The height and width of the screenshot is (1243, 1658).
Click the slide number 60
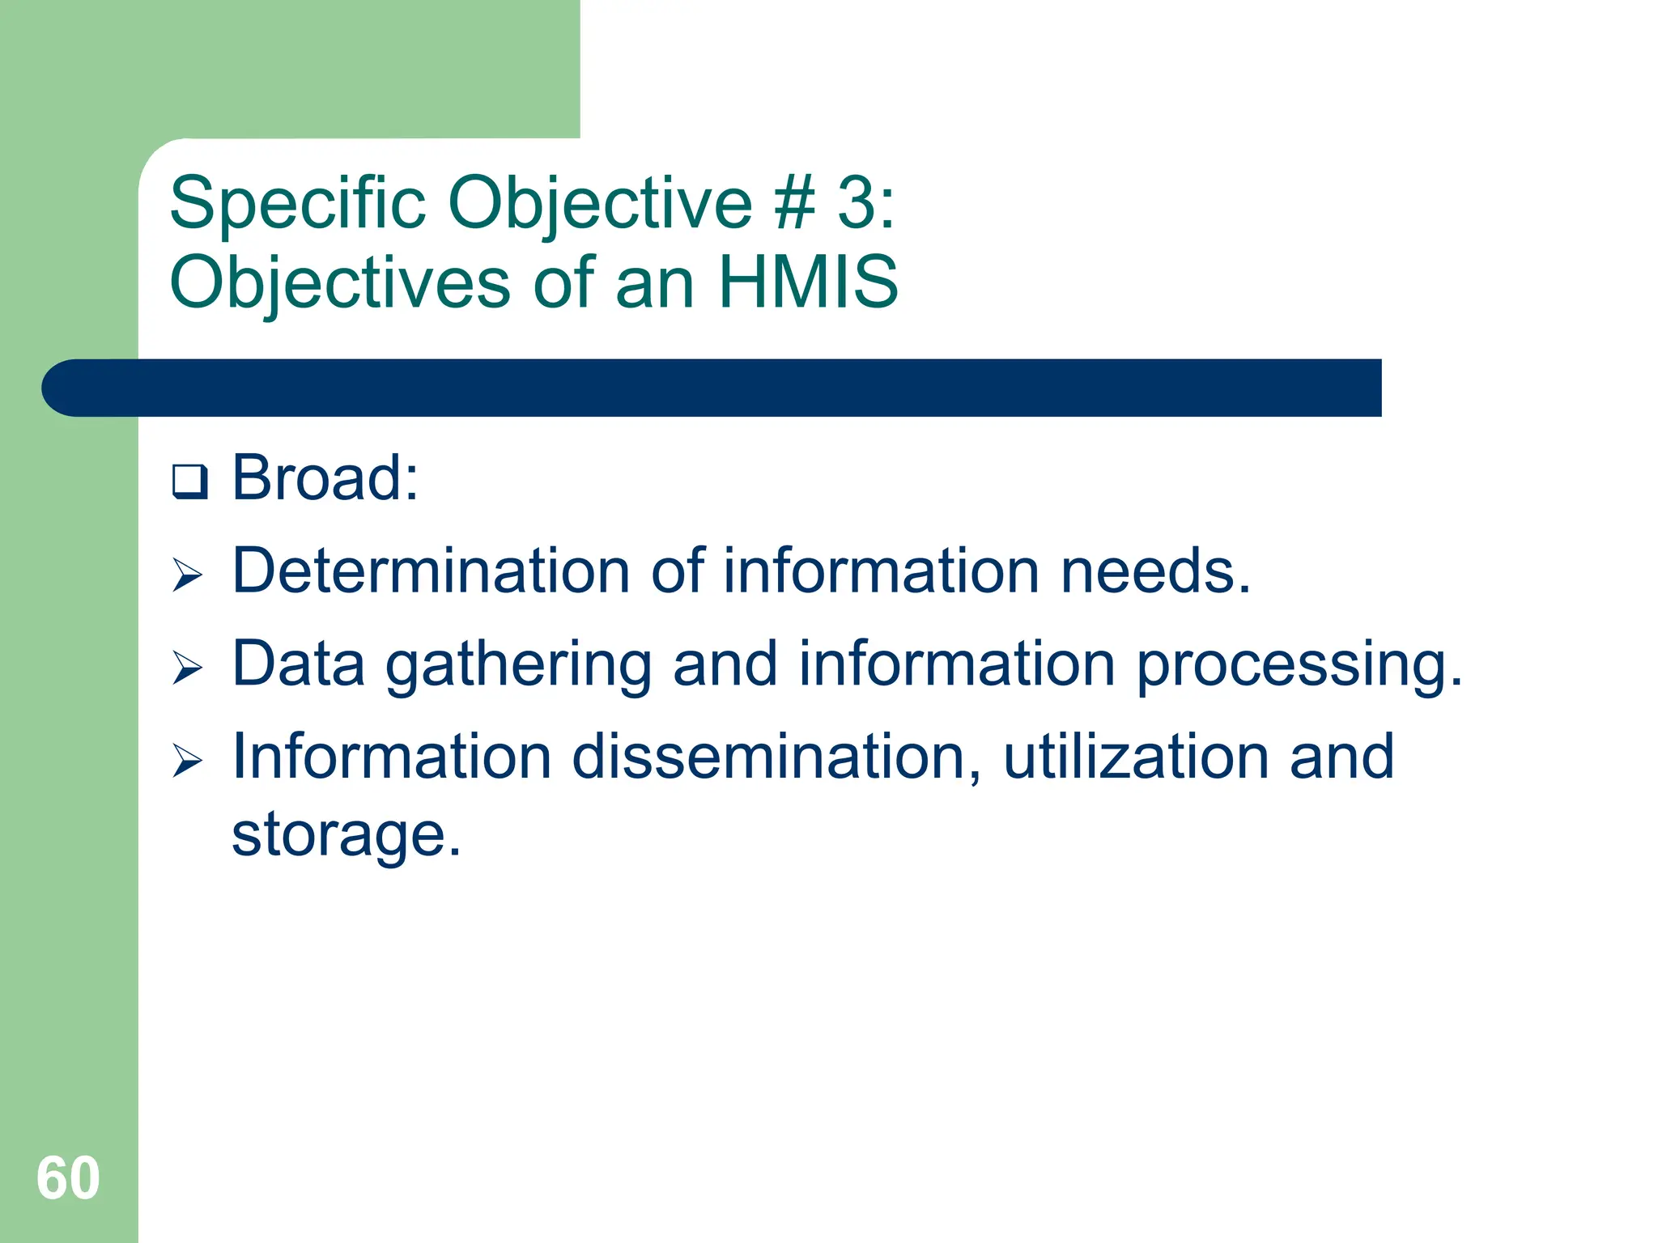click(68, 1178)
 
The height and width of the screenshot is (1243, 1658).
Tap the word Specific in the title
click(297, 203)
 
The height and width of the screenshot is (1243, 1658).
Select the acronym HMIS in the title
click(808, 282)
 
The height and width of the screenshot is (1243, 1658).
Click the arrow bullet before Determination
click(188, 575)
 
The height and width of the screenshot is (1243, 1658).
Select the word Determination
click(431, 571)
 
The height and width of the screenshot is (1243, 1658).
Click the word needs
click(1155, 571)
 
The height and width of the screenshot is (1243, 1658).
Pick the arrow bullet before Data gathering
click(188, 668)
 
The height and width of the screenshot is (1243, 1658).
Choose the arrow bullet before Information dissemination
click(188, 761)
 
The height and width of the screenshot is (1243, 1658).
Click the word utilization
click(1136, 757)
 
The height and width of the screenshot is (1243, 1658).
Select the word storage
click(346, 836)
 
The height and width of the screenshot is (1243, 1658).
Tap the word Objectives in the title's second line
click(340, 282)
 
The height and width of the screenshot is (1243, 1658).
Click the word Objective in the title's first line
click(600, 203)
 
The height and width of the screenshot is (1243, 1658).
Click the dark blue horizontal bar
click(712, 388)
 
